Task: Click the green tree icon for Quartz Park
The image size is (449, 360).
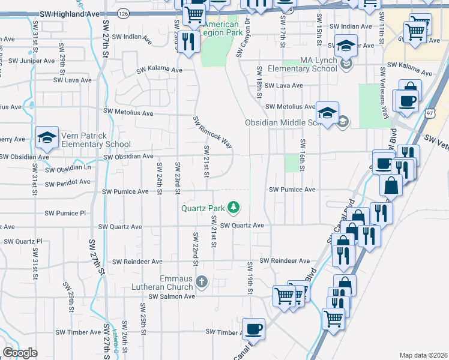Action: pyautogui.click(x=234, y=208)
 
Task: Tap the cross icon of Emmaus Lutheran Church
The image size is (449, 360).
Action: pyautogui.click(x=202, y=281)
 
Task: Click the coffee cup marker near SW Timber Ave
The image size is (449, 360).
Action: pyautogui.click(x=253, y=329)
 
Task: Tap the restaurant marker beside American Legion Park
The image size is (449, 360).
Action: pyautogui.click(x=190, y=41)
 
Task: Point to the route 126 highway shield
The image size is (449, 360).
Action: pyautogui.click(x=123, y=13)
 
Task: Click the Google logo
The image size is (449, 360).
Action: pyautogui.click(x=19, y=353)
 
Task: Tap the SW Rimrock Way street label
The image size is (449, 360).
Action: pyautogui.click(x=212, y=131)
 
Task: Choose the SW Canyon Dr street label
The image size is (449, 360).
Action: pyautogui.click(x=243, y=41)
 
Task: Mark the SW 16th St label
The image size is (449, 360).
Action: pyautogui.click(x=303, y=155)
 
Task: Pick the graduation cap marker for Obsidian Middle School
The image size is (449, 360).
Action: pyautogui.click(x=327, y=113)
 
